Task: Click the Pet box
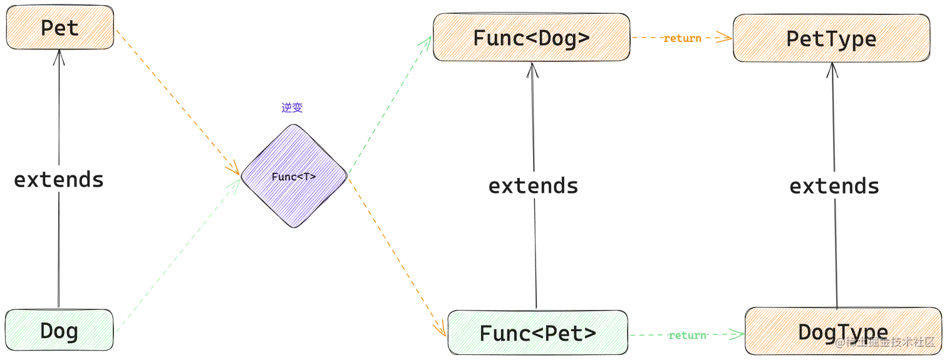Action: click(60, 28)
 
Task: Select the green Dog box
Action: click(59, 330)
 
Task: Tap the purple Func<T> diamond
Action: click(294, 176)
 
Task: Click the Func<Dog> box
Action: click(531, 37)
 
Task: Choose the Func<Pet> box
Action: click(538, 333)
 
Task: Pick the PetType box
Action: click(832, 38)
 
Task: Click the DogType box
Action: click(844, 331)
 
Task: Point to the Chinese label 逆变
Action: click(292, 108)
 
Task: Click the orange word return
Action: click(682, 38)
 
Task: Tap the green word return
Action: click(688, 336)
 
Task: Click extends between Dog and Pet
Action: click(59, 180)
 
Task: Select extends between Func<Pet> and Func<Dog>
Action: click(534, 187)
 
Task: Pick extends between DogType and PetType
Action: click(834, 187)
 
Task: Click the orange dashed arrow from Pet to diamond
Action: click(178, 102)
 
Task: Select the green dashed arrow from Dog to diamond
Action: click(178, 255)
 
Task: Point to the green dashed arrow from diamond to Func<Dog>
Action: click(390, 105)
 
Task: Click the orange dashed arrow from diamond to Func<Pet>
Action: click(397, 258)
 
